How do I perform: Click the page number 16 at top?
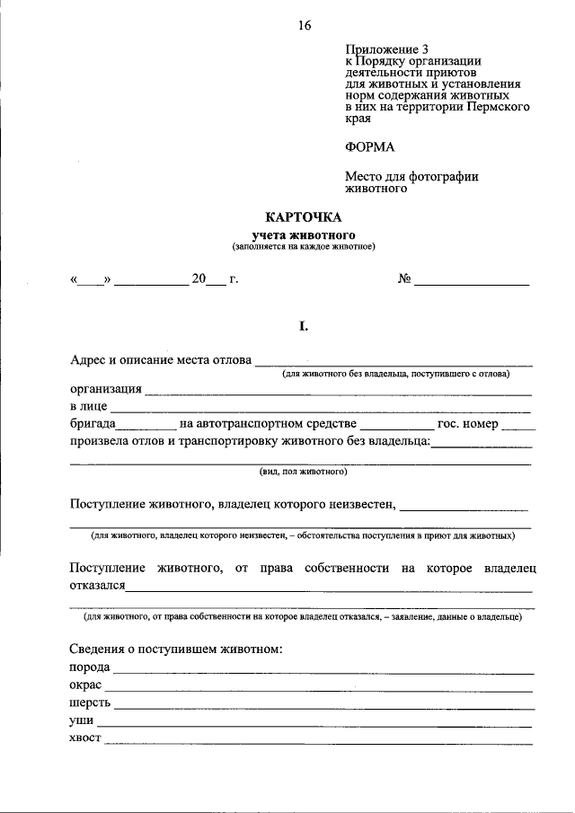(x=305, y=26)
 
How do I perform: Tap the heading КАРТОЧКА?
(x=304, y=217)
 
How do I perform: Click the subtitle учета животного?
(x=303, y=234)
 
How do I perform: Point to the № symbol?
(x=404, y=278)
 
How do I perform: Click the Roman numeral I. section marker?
(x=304, y=326)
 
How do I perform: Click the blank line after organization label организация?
(x=337, y=393)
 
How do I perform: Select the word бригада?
(x=93, y=423)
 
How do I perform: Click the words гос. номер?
(x=467, y=423)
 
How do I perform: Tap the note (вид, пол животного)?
(x=303, y=471)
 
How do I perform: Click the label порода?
(x=90, y=667)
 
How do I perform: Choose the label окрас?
(x=86, y=685)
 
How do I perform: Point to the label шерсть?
(x=90, y=703)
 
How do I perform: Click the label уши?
(x=82, y=720)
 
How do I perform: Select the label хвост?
(x=85, y=738)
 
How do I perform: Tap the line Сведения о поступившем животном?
(x=176, y=649)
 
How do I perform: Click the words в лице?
(x=88, y=407)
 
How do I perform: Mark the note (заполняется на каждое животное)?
(x=303, y=245)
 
